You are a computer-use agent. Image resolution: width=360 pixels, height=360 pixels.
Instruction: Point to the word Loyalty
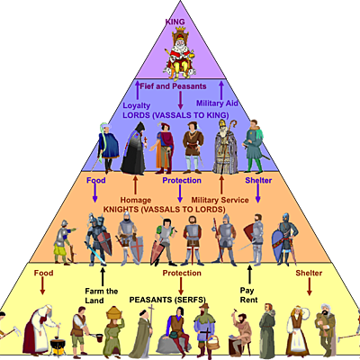click(137, 104)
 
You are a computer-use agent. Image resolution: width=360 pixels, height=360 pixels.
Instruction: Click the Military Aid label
click(216, 104)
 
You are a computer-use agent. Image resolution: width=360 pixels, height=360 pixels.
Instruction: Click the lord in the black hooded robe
click(133, 147)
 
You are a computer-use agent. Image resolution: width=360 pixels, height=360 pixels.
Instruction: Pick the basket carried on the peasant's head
click(115, 311)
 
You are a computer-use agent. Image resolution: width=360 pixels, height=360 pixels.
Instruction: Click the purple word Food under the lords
click(96, 180)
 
